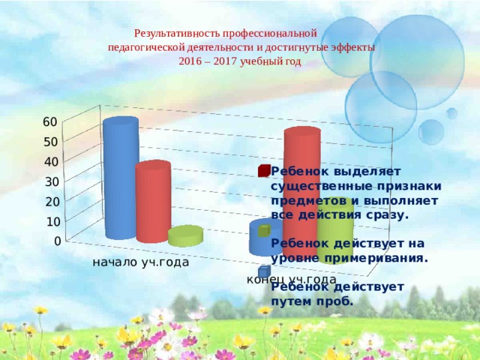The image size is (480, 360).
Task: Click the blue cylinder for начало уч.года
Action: click(121, 178)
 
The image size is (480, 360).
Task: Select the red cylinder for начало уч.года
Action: click(153, 202)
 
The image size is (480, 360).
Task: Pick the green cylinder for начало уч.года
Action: click(185, 235)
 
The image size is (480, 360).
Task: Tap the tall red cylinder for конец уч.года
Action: click(301, 196)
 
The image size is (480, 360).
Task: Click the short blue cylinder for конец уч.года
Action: click(265, 237)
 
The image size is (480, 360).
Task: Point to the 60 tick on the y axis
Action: click(50, 121)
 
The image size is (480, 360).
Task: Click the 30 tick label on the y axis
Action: click(52, 181)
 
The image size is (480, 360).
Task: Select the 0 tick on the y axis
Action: click(58, 241)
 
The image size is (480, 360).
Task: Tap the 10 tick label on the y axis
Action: click(53, 222)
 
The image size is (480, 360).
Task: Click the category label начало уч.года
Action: click(141, 262)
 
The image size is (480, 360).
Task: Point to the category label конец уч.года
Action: click(292, 279)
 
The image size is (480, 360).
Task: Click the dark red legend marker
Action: click(264, 170)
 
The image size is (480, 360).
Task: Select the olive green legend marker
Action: click(264, 230)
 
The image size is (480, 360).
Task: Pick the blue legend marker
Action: click(264, 271)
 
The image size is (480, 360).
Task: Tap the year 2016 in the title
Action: click(187, 61)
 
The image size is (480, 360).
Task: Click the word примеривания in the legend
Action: click(376, 258)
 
